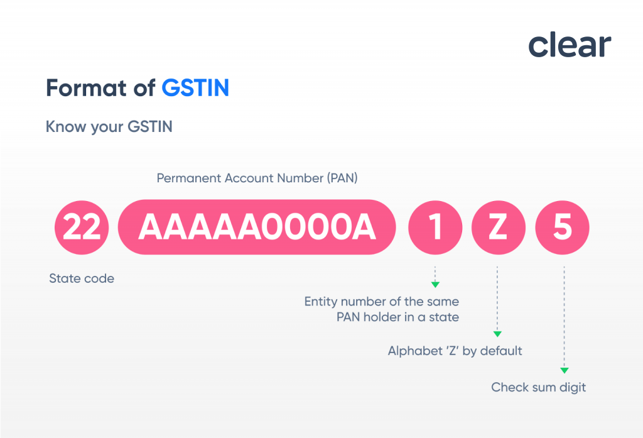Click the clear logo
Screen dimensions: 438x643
tap(569, 45)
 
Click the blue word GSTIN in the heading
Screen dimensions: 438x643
tap(195, 88)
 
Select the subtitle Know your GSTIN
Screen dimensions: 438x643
tap(109, 127)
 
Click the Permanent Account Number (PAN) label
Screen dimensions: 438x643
tap(257, 178)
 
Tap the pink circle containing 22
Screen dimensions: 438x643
tap(82, 227)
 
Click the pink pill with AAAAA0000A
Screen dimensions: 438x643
tap(257, 227)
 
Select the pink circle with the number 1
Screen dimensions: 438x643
tap(435, 227)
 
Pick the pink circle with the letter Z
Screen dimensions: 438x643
tap(497, 227)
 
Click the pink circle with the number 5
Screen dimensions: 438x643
tap(563, 227)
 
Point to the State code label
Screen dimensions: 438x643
tap(82, 278)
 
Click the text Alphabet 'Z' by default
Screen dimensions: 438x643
tap(455, 351)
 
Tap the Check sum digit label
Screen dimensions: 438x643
tap(538, 387)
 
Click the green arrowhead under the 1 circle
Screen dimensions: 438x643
tap(435, 285)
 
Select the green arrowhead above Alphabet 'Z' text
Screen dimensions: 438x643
tap(497, 334)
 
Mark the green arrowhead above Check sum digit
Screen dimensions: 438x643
tap(564, 370)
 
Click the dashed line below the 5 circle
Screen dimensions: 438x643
tap(564, 314)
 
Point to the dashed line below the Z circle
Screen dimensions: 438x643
tap(497, 295)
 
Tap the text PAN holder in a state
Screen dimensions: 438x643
tap(397, 317)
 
